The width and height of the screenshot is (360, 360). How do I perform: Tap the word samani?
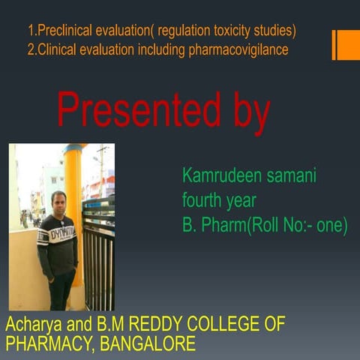tap(289, 176)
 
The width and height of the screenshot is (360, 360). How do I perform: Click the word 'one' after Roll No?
tap(329, 224)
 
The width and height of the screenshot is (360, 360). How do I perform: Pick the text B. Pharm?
tap(210, 224)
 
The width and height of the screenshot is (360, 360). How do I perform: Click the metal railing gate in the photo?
tap(98, 255)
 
